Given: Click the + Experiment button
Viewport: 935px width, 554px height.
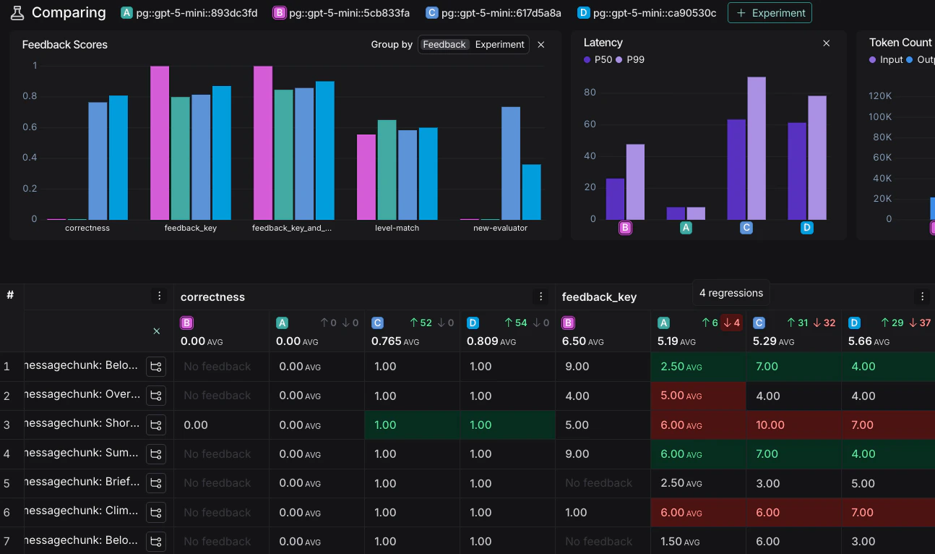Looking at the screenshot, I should point(770,13).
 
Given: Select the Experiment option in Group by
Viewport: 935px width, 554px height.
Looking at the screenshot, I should point(499,45).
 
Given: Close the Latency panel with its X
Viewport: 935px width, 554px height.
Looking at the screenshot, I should point(827,43).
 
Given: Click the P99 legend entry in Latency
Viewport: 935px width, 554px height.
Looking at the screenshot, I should point(630,59).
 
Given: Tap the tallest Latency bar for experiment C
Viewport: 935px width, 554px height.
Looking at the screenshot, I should point(757,148).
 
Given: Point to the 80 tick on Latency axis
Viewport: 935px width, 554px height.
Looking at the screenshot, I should point(590,93).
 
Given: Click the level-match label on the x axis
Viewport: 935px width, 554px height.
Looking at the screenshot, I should point(397,228).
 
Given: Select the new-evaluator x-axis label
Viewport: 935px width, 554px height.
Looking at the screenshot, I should point(500,228).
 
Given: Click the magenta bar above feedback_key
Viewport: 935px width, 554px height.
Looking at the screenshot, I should point(160,142).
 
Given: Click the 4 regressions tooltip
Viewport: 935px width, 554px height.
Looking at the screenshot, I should point(731,293).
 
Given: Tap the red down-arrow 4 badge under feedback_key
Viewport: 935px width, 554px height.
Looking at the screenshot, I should point(731,323).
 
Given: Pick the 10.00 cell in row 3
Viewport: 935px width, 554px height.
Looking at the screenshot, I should point(768,425).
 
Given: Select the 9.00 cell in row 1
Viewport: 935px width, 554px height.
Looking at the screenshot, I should point(577,367).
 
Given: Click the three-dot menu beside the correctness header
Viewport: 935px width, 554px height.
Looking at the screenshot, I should point(540,297).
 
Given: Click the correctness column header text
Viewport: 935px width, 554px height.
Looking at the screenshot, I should point(212,297).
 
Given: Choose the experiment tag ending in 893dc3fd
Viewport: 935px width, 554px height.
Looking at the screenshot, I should point(189,13).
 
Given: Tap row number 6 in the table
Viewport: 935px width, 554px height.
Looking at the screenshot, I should point(7,512).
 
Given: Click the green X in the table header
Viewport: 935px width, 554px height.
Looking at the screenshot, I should point(156,331).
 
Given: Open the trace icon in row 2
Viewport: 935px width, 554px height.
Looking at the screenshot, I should point(155,396).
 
